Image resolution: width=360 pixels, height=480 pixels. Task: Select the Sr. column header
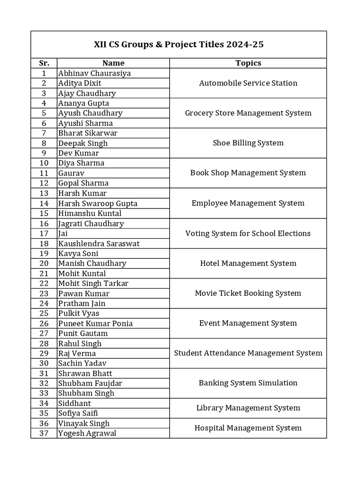(44, 63)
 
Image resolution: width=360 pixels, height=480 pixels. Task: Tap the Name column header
(113, 63)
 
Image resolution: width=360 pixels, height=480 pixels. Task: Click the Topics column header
(248, 63)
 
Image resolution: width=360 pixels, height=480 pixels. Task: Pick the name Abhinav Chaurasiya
(94, 73)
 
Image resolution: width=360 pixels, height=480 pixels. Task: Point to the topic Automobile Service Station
(248, 83)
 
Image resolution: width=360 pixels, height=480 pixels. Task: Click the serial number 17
(44, 233)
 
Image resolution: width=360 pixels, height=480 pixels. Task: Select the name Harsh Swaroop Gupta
(97, 203)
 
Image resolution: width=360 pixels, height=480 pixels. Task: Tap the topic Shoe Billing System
(248, 143)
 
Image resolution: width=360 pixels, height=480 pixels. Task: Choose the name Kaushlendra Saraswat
(99, 244)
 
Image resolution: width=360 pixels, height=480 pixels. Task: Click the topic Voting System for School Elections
(248, 233)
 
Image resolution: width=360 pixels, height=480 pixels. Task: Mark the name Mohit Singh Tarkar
(93, 283)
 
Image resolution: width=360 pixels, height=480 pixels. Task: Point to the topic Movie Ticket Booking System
(248, 293)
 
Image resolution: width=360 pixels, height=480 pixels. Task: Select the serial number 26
(44, 323)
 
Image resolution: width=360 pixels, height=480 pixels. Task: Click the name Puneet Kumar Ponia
(95, 323)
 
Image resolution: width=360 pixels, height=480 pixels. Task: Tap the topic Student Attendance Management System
(248, 353)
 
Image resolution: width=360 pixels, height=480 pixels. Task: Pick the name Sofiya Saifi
(77, 413)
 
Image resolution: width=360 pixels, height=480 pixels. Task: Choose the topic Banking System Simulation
(248, 383)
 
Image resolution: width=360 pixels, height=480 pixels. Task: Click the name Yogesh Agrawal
(87, 433)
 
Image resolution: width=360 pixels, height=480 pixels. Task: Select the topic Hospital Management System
(248, 427)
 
